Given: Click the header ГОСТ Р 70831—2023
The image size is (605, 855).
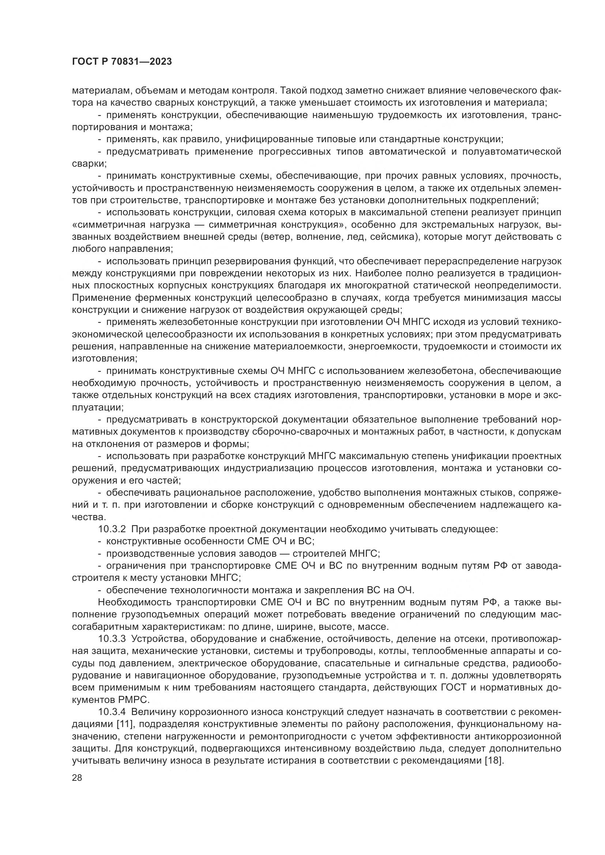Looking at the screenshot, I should click(122, 62).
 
